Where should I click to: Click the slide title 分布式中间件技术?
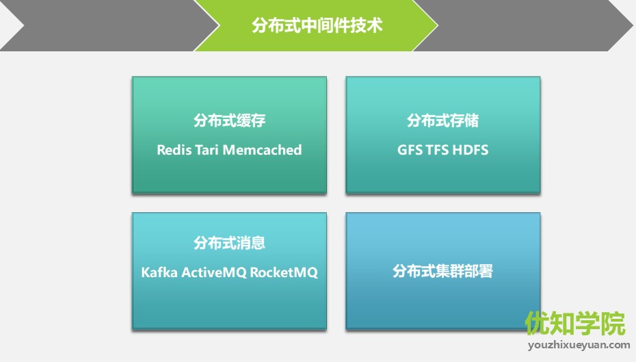pos(317,25)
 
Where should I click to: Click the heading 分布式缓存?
pos(229,120)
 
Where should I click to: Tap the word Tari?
pos(207,150)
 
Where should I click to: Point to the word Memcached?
pos(263,150)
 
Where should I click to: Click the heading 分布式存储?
pos(442,120)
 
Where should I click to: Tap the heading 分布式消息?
pos(229,243)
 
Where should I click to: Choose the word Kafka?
pos(159,272)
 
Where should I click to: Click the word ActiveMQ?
pos(214,272)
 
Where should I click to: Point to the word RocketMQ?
pos(284,272)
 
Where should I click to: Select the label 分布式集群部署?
pos(442,271)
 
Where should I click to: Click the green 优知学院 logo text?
pos(575,324)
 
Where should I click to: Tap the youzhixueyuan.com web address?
pos(579,346)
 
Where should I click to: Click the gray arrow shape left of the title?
pos(109,25)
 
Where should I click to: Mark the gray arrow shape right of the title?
pos(523,25)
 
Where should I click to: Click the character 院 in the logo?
pos(613,324)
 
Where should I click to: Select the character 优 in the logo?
pos(538,324)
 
